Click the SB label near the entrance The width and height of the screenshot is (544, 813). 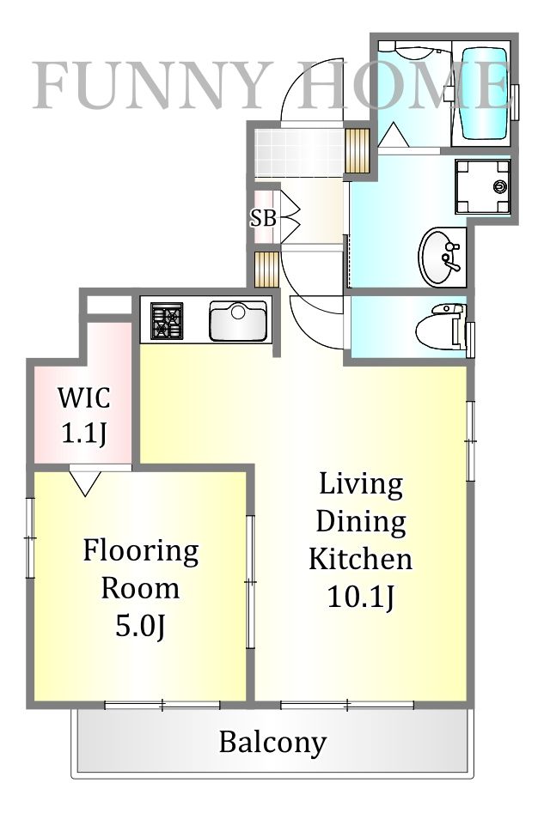263,218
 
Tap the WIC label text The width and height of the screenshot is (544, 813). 84,397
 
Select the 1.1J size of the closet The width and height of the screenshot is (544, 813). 84,433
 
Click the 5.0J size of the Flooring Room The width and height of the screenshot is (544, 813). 140,627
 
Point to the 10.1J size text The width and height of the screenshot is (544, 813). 361,597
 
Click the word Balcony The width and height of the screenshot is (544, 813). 272,743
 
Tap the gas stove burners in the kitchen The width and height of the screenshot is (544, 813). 167,321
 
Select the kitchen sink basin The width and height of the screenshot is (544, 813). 238,321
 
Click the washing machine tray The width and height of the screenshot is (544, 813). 483,186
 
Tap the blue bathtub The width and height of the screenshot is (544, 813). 485,94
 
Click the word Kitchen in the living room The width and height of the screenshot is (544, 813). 361,559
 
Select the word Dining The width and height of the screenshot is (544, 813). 361,522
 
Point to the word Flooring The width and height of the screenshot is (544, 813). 141,552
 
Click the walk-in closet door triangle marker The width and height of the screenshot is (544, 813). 85,482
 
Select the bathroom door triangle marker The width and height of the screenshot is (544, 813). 393,135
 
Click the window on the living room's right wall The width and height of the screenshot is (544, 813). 470,440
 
